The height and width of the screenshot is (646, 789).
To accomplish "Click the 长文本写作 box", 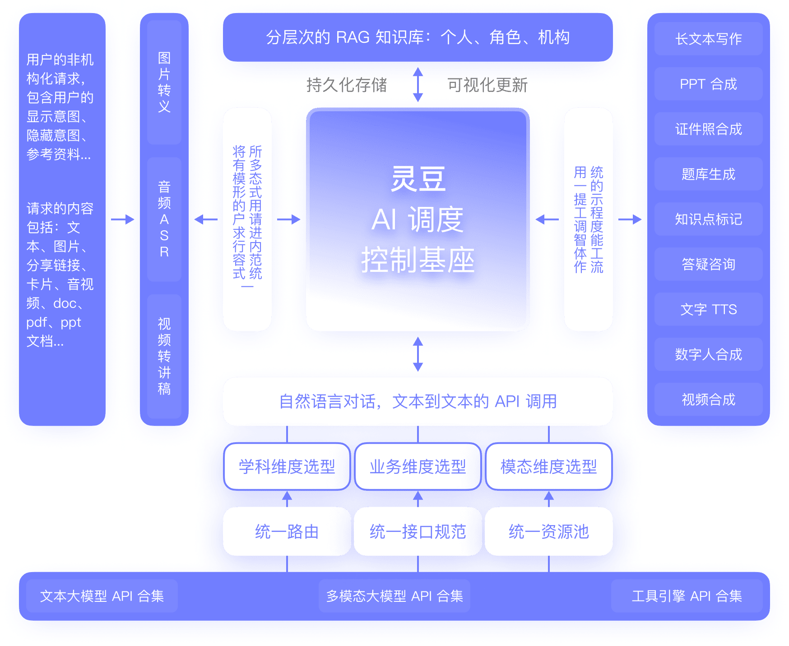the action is click(708, 39).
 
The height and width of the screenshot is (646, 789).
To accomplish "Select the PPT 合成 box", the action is click(708, 84).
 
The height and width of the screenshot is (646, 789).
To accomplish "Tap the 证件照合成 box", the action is click(708, 129).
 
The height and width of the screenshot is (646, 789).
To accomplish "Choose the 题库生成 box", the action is click(708, 174).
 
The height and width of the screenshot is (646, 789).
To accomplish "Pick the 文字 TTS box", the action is click(708, 309).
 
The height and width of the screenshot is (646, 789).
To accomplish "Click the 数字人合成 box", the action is click(708, 354).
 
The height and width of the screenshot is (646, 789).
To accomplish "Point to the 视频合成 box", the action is click(708, 399).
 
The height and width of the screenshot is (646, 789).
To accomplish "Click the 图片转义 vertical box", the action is click(164, 82).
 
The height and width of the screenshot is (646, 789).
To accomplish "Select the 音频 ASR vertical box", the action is click(164, 220).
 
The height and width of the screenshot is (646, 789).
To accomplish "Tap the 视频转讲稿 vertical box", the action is click(164, 357).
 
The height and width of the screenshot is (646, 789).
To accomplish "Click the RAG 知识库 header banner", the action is click(418, 37).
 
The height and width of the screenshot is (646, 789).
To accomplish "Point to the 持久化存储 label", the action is click(347, 85).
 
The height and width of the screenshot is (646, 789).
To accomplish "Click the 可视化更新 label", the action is click(487, 85).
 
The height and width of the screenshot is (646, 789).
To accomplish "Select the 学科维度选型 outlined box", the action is click(287, 467).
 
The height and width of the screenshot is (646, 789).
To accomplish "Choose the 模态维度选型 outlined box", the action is click(549, 467).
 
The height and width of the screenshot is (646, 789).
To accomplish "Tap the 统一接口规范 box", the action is click(418, 531).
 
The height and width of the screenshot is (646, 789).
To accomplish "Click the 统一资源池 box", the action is click(549, 531).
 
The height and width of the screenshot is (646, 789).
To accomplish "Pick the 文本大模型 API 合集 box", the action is click(102, 596).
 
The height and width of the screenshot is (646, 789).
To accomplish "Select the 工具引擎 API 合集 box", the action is click(687, 596).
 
